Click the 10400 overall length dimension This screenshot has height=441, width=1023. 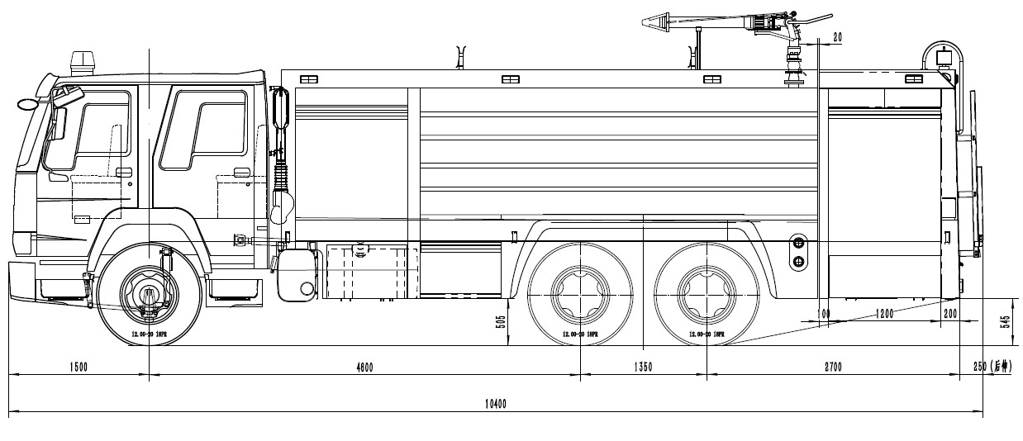point(496,404)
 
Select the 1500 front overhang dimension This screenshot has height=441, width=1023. point(79,367)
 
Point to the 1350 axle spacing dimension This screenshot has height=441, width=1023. point(642,367)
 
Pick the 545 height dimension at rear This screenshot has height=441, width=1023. point(1006,321)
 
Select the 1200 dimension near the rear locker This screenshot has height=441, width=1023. point(885,315)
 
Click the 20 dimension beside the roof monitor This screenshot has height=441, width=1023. point(837,37)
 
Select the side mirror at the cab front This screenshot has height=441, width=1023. point(26,105)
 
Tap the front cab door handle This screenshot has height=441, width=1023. point(123,172)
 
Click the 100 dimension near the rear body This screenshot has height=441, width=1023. point(823,315)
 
